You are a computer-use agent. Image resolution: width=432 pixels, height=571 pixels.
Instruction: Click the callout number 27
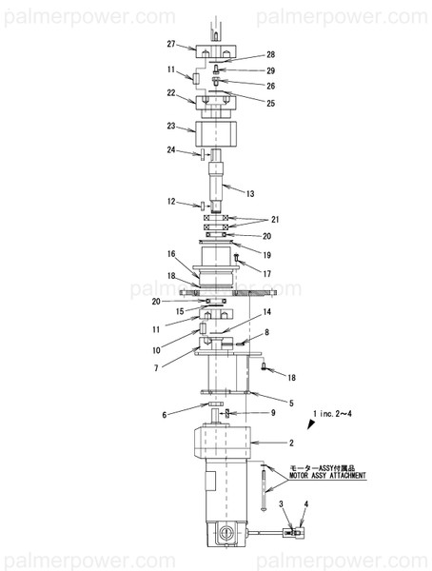(171, 44)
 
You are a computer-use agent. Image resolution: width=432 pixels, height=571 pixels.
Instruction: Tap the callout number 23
(171, 126)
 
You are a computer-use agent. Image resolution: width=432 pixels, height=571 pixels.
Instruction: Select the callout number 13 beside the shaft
(250, 194)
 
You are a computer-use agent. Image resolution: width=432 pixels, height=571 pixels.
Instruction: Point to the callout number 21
(275, 219)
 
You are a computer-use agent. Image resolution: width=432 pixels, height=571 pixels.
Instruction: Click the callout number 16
(171, 254)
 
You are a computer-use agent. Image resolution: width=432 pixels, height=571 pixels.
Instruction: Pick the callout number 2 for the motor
(291, 443)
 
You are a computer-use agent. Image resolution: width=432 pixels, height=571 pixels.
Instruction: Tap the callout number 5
(291, 404)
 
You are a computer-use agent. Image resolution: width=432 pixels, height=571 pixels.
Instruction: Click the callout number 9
(273, 413)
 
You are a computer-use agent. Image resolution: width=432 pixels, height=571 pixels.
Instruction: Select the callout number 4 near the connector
(306, 504)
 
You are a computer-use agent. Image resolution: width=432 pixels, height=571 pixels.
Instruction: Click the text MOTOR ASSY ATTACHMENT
(327, 476)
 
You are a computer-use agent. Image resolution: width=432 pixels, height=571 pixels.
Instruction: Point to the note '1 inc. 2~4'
(332, 414)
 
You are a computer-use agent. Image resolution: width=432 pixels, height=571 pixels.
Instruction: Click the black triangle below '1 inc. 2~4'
(311, 423)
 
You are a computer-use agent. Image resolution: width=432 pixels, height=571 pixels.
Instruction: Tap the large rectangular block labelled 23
(216, 133)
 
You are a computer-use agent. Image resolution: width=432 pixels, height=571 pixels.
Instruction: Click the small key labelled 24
(202, 154)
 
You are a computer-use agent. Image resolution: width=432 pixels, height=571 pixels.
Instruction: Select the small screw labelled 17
(236, 258)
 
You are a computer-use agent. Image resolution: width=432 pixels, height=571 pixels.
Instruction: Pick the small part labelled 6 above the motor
(215, 404)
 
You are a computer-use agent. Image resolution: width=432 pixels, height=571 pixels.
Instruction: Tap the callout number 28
(270, 54)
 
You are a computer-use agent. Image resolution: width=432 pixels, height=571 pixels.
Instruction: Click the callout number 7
(156, 368)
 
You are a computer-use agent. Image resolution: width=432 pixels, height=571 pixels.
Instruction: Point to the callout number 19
(267, 255)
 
